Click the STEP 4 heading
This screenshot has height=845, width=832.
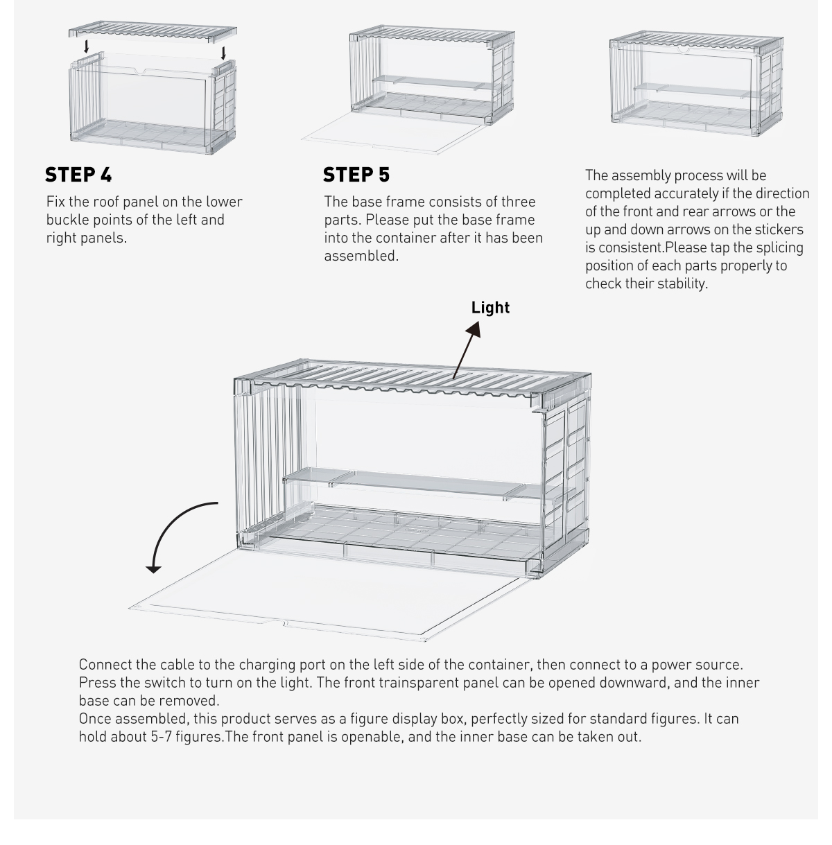(78, 174)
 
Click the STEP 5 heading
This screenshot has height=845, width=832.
(356, 175)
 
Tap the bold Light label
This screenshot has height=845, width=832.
(490, 308)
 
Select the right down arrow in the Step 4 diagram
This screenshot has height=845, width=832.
(223, 53)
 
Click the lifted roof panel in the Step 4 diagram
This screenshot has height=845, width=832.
(153, 33)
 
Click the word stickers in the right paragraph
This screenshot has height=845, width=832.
(779, 229)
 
